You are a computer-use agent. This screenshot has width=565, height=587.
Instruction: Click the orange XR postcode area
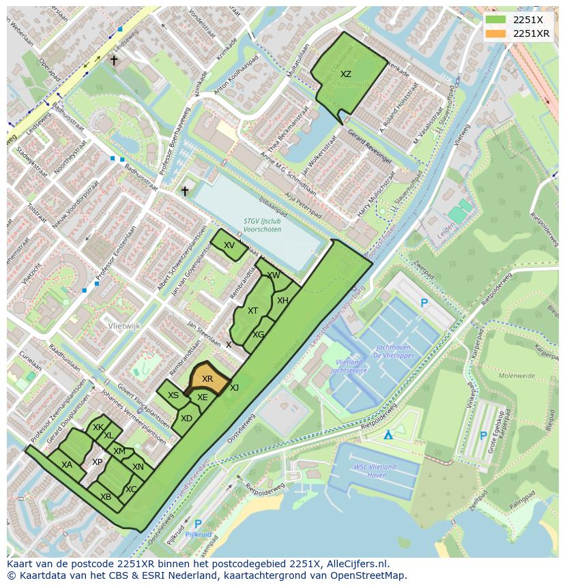coord(207,379)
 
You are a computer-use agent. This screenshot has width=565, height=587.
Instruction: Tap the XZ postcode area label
coord(346,74)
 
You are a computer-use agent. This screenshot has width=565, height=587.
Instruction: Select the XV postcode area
coord(229,245)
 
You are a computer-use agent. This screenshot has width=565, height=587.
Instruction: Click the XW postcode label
coord(274,275)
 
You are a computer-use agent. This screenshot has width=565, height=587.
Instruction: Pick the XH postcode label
coord(282,301)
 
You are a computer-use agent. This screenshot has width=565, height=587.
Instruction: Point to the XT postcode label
coord(253,311)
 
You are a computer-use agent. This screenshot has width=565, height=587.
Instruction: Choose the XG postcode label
coord(258,335)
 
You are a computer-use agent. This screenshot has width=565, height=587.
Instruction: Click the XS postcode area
coord(173,395)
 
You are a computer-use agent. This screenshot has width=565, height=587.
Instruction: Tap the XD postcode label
coord(186,419)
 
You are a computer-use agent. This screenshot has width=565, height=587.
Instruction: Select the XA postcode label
coord(67,465)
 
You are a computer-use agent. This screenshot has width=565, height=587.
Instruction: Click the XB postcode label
coord(106,497)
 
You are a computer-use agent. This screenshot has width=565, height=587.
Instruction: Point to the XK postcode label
coord(98,427)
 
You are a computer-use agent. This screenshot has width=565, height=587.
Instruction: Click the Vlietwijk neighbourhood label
coord(124,327)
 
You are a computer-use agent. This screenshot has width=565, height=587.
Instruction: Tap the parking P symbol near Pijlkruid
coord(198,524)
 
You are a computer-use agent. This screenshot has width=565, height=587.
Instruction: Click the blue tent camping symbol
coord(388,435)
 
